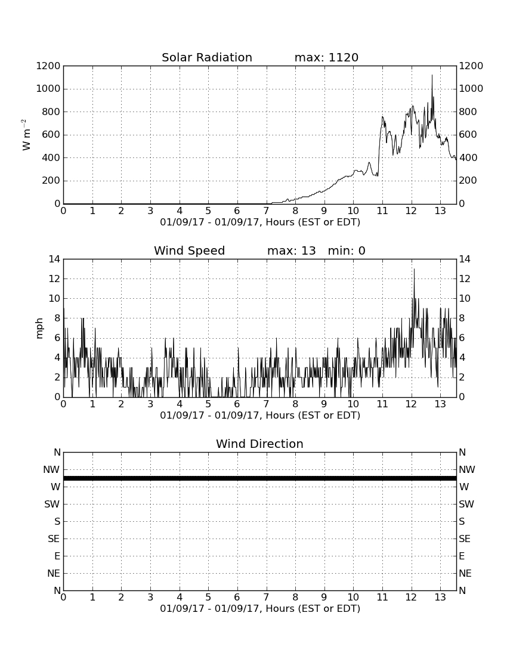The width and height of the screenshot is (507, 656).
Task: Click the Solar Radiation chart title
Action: (207, 57)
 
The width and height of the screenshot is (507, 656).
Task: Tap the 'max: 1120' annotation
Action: (326, 57)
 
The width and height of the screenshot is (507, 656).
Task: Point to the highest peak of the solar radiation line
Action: (432, 75)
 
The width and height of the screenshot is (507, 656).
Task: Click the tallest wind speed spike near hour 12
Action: (414, 269)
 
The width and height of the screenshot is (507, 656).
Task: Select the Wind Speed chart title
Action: (190, 250)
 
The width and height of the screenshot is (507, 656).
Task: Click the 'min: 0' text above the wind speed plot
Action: (347, 250)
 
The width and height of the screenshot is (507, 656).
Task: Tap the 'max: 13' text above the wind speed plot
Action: (292, 250)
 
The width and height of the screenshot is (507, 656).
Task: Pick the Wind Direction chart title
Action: (260, 444)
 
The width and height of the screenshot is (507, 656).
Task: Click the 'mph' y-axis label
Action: (39, 329)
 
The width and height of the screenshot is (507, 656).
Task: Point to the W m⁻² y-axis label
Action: (26, 135)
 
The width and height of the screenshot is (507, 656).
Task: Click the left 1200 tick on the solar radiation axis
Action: (48, 66)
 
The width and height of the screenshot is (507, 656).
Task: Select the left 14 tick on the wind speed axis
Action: (54, 259)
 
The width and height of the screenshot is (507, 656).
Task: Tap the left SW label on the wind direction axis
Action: (52, 504)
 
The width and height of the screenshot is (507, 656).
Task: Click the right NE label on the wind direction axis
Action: (465, 574)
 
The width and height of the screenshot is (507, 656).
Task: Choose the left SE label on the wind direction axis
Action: (54, 539)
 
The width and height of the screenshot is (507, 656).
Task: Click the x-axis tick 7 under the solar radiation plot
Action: (267, 211)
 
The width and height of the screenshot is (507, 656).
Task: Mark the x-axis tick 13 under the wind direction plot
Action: (440, 598)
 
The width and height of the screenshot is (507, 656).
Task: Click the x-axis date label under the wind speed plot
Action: (260, 416)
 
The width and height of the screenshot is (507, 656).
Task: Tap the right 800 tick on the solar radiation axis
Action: (468, 112)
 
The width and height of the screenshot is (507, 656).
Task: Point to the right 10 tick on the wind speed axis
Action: (465, 299)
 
